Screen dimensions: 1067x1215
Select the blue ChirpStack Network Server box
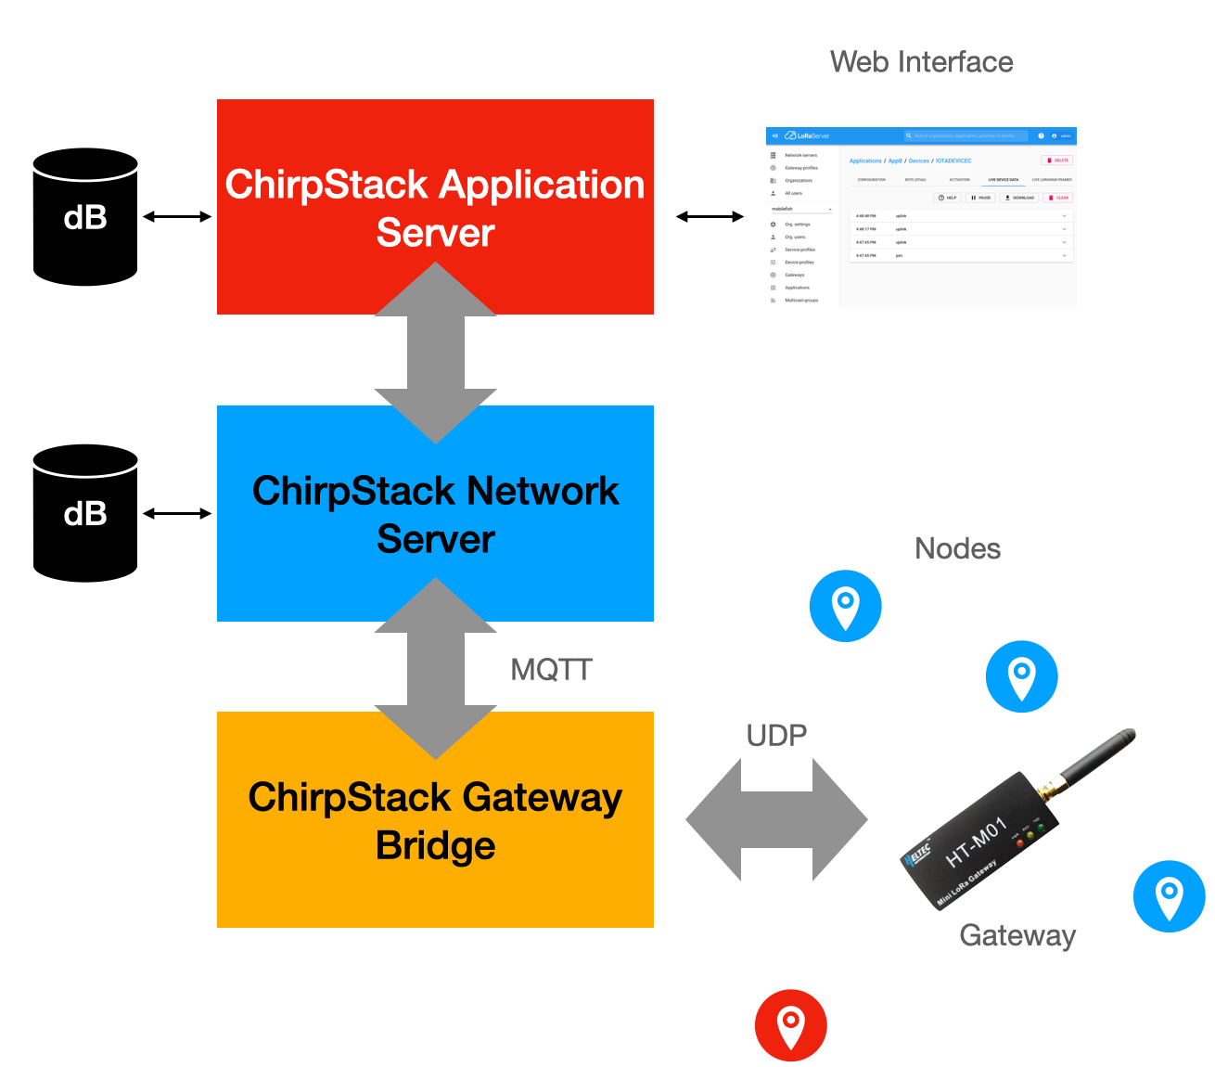[435, 513]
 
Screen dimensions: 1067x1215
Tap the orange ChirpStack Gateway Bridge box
[435, 820]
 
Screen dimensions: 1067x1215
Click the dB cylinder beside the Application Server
[85, 217]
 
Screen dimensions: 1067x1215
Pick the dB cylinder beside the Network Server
[85, 513]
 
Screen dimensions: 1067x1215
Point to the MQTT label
[551, 670]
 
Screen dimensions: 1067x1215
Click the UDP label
[776, 736]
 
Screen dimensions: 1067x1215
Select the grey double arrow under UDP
[776, 820]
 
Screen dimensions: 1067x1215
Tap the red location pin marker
[790, 1025]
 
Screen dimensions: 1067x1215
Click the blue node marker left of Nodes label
[845, 606]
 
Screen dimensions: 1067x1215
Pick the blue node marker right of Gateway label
[1169, 896]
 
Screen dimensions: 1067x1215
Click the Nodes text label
[957, 548]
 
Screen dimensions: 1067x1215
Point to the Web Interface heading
[921, 62]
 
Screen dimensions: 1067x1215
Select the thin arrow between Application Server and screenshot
[710, 217]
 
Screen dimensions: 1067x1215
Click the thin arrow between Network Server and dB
[177, 513]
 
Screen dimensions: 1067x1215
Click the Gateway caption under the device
[1017, 935]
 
